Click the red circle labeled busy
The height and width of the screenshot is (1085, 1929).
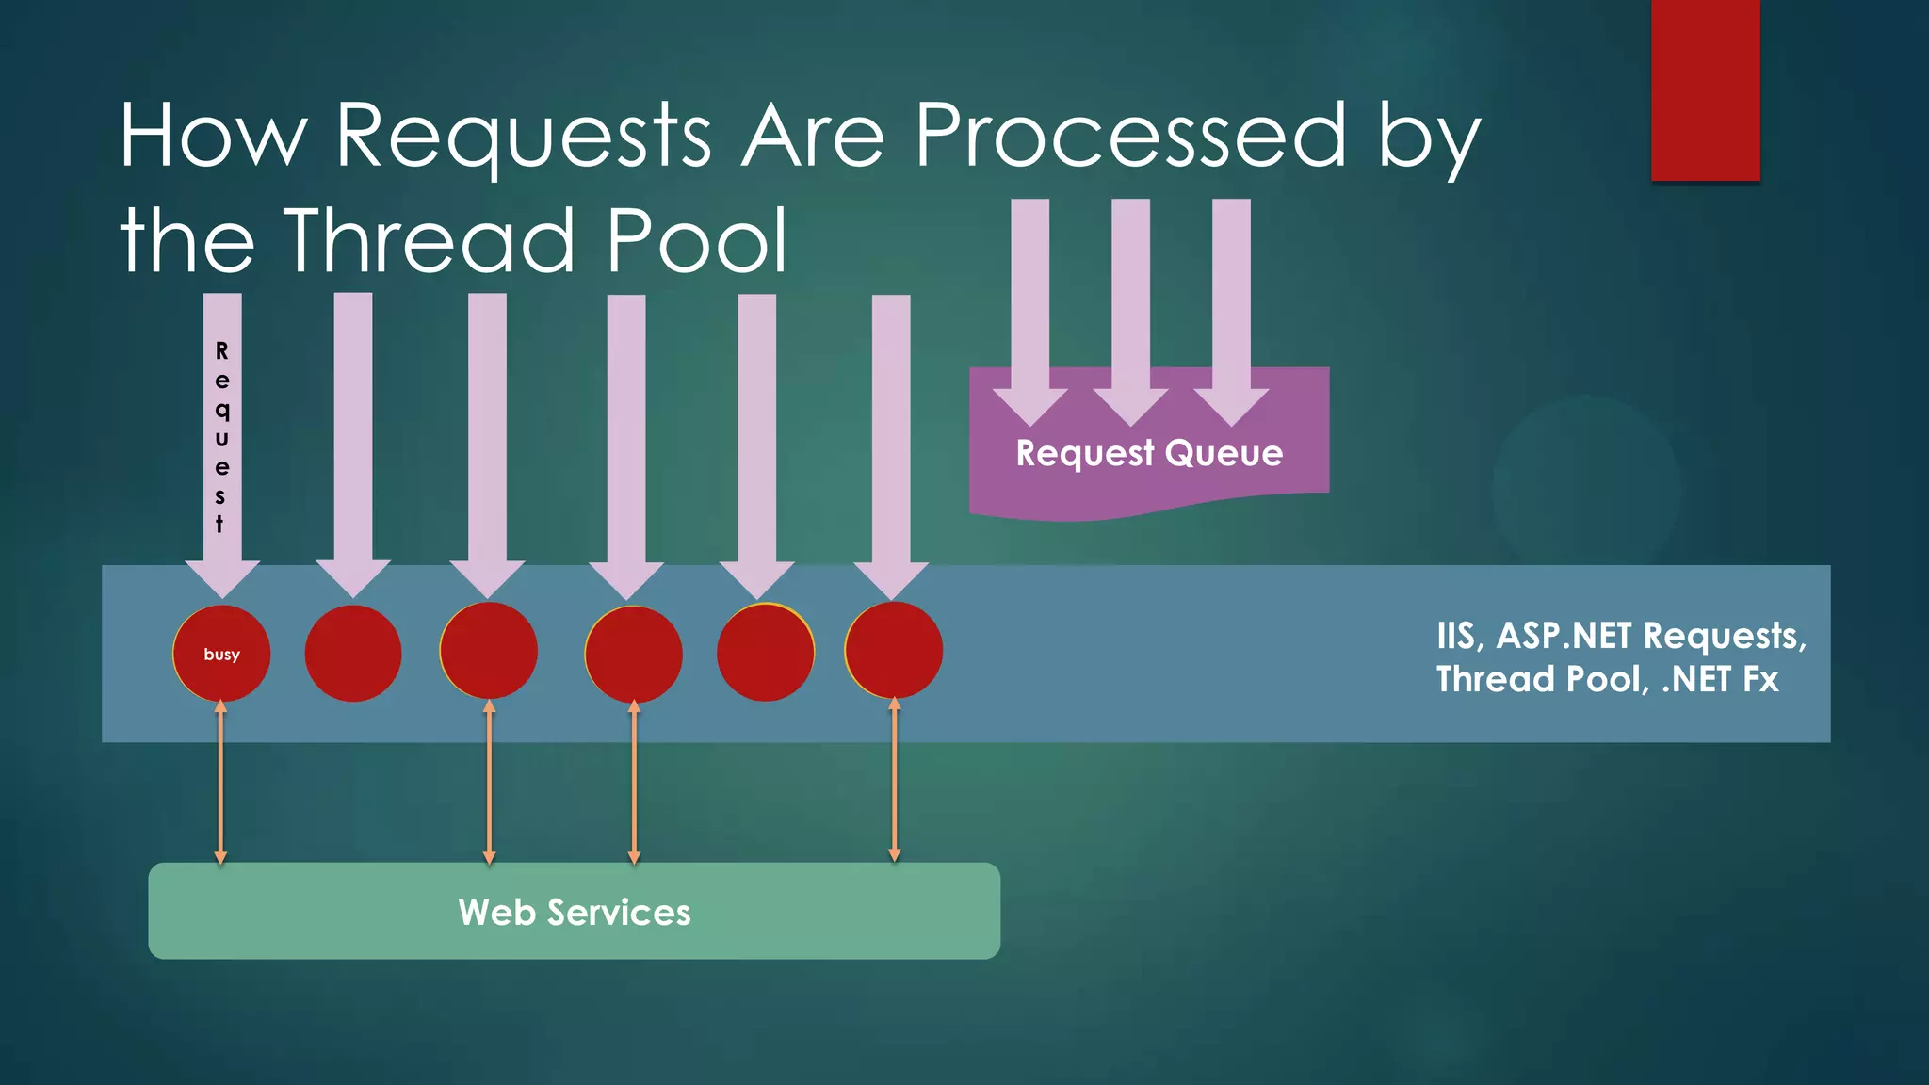coord(221,654)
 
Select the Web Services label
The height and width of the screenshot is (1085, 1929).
coord(575,912)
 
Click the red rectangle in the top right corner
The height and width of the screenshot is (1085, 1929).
coord(1705,89)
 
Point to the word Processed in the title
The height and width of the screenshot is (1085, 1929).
coord(1131,137)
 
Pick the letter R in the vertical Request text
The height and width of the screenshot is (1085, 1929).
coord(222,351)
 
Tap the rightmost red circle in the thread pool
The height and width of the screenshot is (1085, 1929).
coord(894,651)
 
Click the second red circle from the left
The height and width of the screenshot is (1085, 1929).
coord(353,654)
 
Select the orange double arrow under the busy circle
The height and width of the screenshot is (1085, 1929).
coord(220,782)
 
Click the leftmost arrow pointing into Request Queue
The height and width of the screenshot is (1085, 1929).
coord(1029,311)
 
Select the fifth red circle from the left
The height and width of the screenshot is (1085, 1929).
coord(765,653)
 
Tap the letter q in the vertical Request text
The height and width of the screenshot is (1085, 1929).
coord(222,410)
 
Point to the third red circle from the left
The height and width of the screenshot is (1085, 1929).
coord(488,651)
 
